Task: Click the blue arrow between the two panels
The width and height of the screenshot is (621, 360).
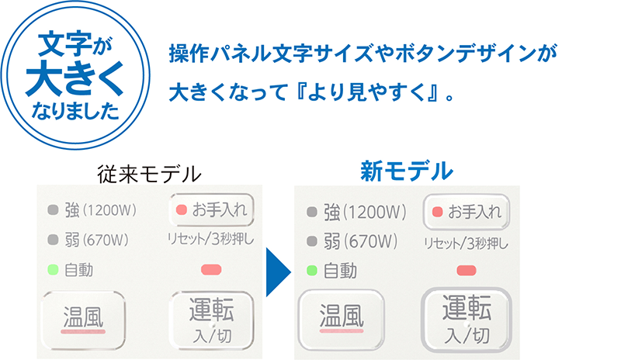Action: (277, 272)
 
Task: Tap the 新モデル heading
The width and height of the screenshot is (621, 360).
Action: (406, 171)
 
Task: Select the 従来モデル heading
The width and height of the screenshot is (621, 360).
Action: (149, 174)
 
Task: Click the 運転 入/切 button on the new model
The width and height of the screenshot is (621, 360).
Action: (467, 320)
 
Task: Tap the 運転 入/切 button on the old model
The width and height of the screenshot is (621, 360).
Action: (211, 320)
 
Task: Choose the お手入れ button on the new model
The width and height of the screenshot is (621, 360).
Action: (467, 212)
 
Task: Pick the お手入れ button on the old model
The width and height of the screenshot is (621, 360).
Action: (211, 209)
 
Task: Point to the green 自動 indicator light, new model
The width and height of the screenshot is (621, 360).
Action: (312, 271)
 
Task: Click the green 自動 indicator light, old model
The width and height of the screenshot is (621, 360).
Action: (53, 270)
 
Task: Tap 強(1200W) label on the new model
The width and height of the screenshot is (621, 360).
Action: (365, 212)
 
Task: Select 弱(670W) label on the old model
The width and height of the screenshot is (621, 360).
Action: (96, 240)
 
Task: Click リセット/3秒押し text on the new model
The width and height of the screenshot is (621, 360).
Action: (466, 243)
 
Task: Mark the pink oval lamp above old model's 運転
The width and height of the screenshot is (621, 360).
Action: (211, 270)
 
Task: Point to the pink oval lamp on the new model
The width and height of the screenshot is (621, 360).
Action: (467, 271)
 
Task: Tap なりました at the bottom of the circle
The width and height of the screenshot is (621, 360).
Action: (75, 110)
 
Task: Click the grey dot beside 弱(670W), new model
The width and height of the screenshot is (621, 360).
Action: (312, 241)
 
